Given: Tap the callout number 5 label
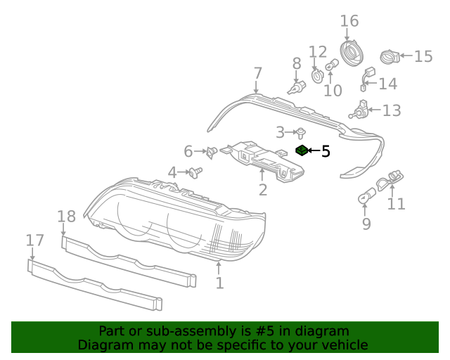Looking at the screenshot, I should coord(326,150).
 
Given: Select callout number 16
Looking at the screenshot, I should coord(349,21).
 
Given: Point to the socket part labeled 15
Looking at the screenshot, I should coord(389,56).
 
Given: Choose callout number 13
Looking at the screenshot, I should coord(392,110).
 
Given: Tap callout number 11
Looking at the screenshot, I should coord(397,204).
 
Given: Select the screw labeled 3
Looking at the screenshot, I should coord(301,131).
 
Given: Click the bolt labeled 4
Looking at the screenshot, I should coord(195,171).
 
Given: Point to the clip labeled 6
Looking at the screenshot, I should coord(211,151).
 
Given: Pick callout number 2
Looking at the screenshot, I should coord(263,190).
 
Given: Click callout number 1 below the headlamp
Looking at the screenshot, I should coord(219,283).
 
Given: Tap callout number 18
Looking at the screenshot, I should coord(66,217).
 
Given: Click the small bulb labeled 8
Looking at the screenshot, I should coord(299,88).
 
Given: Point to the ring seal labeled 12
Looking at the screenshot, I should coord(317,74).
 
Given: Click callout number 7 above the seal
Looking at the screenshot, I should coord(257,72).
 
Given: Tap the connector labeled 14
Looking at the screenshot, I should coord(366,79).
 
